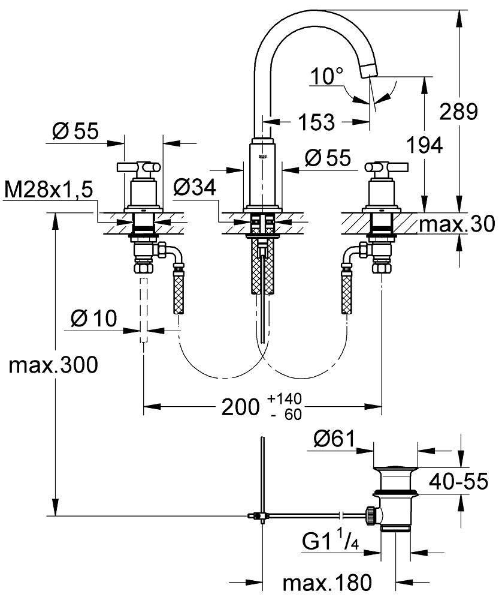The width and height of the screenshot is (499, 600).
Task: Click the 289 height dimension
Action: pyautogui.click(x=458, y=111)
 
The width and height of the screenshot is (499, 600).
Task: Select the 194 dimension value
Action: pyautogui.click(x=424, y=145)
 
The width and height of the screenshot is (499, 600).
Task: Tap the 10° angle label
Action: pyautogui.click(x=328, y=76)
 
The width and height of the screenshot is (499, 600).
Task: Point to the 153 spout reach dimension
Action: pyautogui.click(x=316, y=122)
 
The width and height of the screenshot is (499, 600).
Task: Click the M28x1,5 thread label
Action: pyautogui.click(x=49, y=190)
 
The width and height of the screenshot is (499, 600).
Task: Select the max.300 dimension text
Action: pyautogui.click(x=53, y=365)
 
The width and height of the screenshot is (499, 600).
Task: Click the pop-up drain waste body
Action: pyautogui.click(x=395, y=498)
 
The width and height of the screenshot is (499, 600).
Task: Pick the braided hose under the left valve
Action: pyautogui.click(x=178, y=292)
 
